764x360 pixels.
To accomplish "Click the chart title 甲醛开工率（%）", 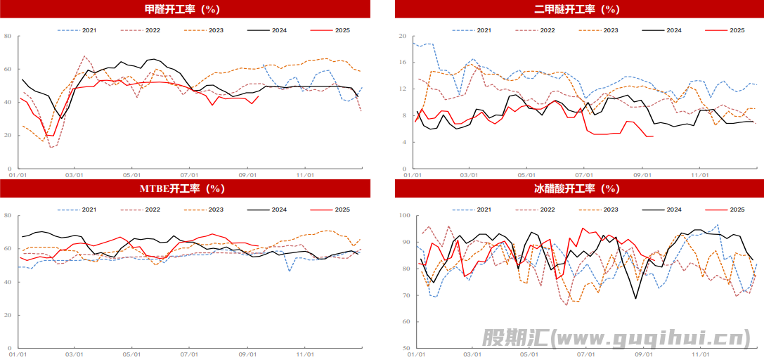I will pos(184,10).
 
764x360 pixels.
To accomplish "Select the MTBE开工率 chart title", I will pos(184,188).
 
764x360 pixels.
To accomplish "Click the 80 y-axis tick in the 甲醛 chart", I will pos(8,36).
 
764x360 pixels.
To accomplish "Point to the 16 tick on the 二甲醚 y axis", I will pos(403,63).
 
